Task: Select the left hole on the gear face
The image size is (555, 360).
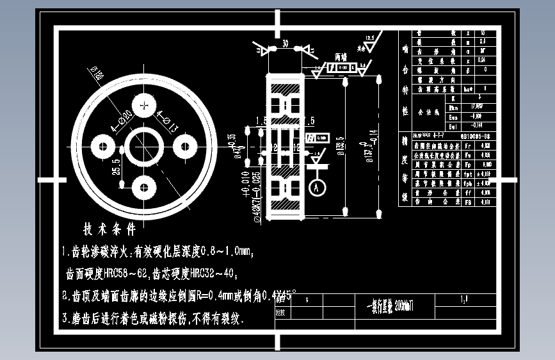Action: [102, 147]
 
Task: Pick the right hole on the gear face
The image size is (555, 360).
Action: [185, 147]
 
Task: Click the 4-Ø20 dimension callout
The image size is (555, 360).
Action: [122, 121]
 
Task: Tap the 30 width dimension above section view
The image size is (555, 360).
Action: [284, 43]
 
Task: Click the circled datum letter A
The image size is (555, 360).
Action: [315, 188]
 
